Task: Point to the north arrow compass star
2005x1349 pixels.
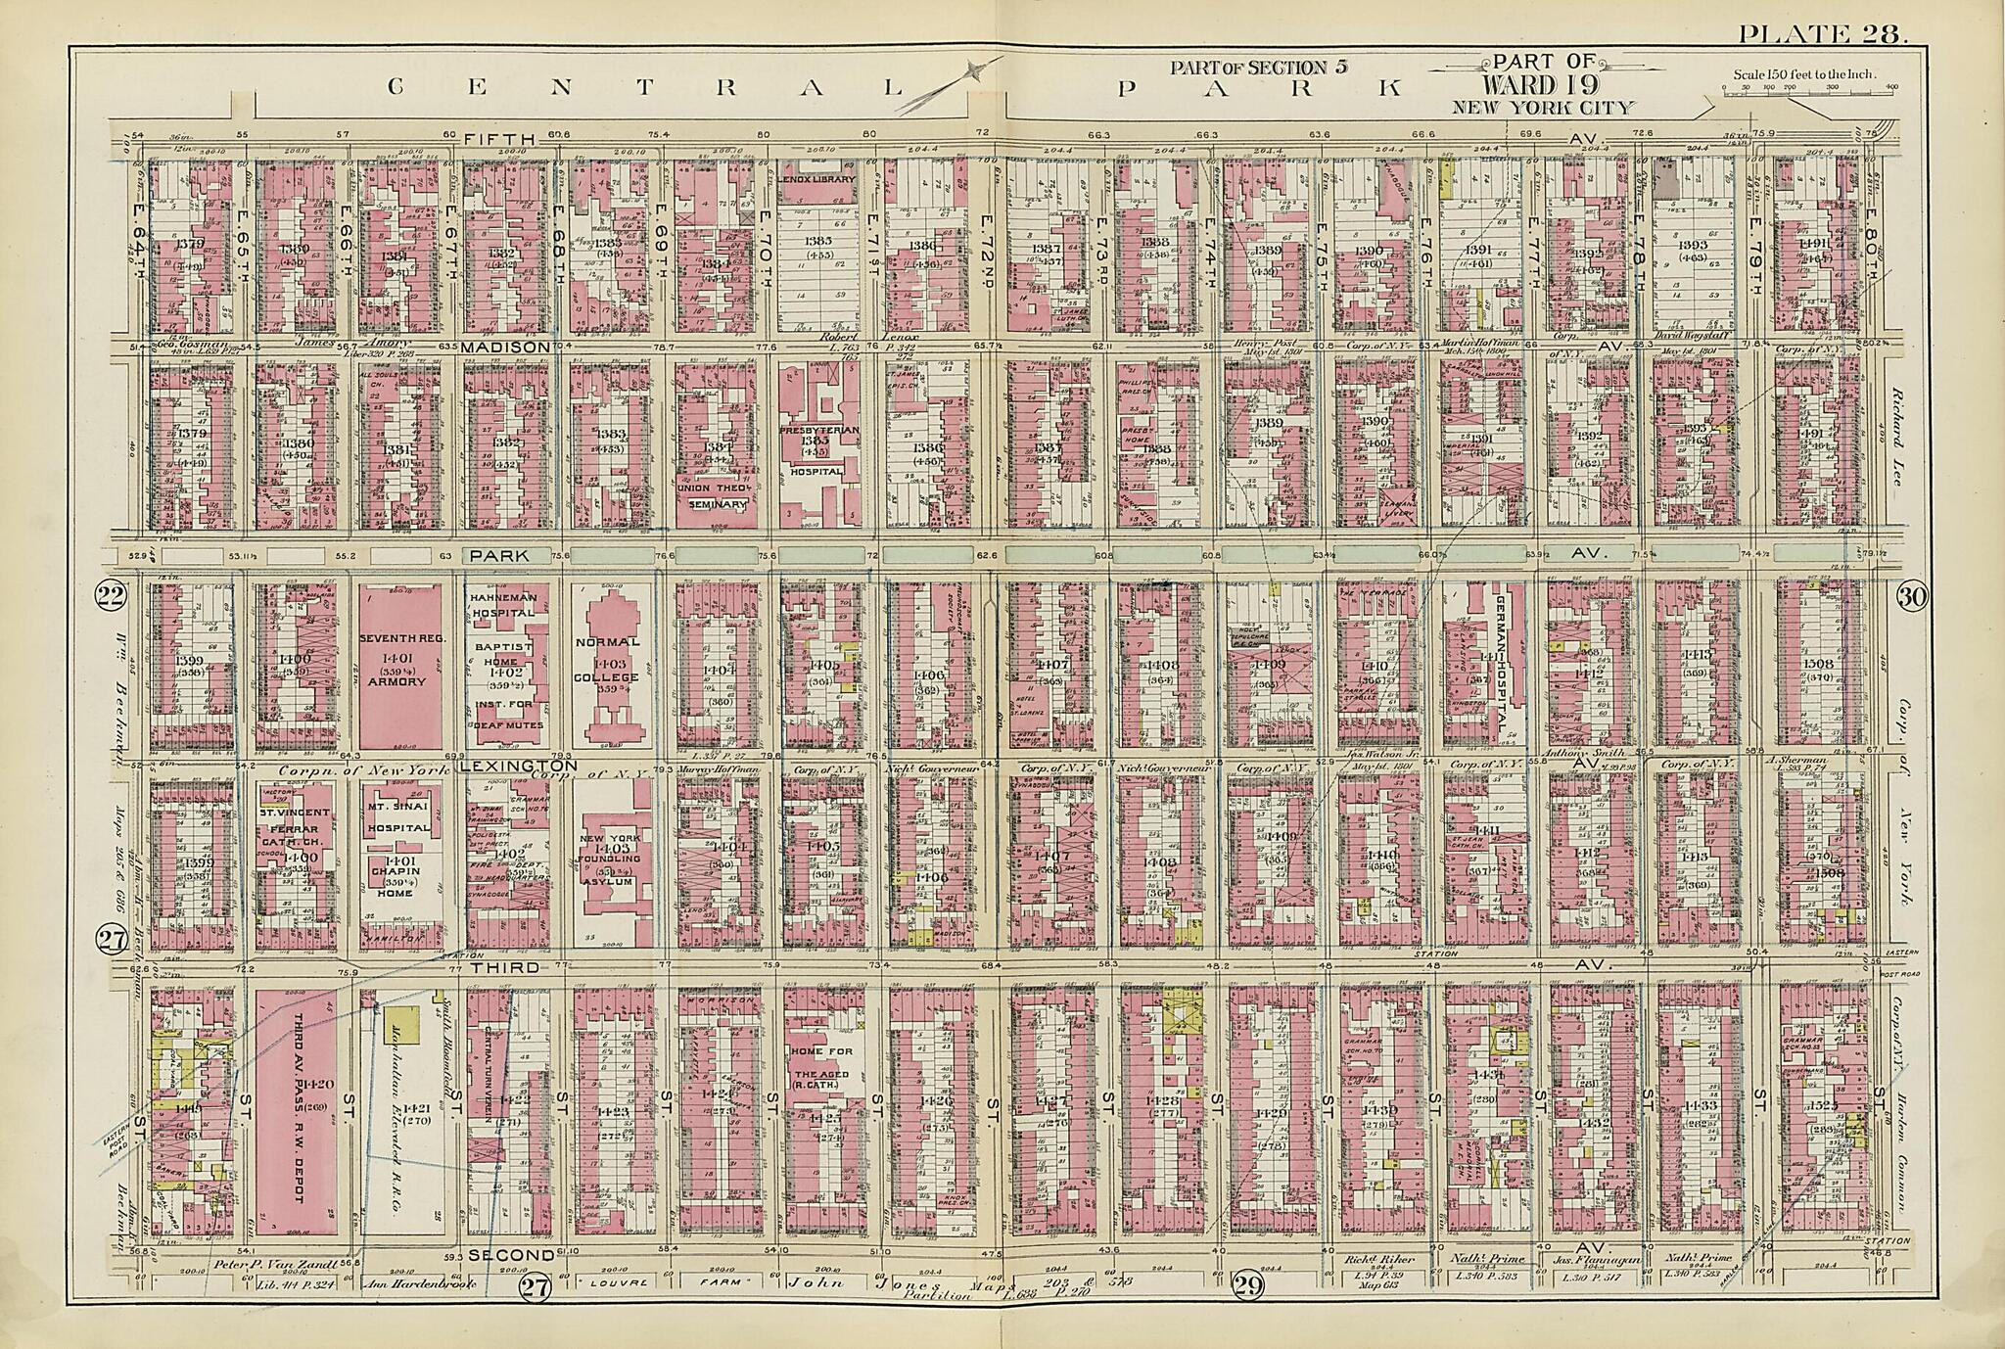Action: coord(971,70)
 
